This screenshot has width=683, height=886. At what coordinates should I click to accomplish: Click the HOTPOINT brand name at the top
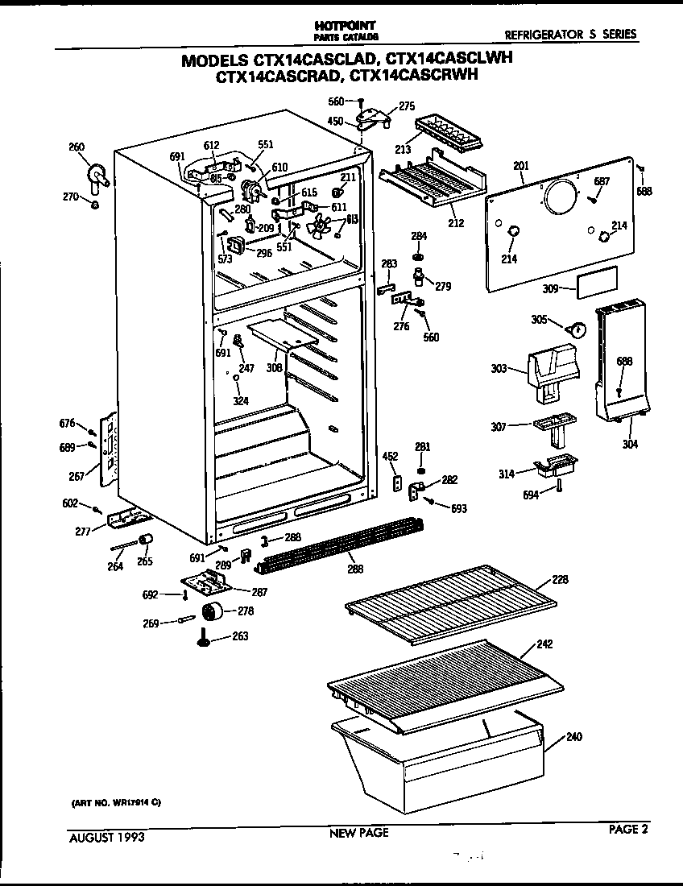coord(346,26)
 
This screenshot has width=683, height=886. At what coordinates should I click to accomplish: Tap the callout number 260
coord(77,147)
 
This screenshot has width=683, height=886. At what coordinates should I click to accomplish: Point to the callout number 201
coord(520,166)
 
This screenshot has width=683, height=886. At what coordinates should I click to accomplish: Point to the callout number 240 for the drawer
coord(573,736)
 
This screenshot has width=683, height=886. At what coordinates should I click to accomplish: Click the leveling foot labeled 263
coord(204,640)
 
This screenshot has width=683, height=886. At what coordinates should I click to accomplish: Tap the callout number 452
coord(391,457)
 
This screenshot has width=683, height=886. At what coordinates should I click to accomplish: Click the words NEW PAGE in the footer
coord(358,833)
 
